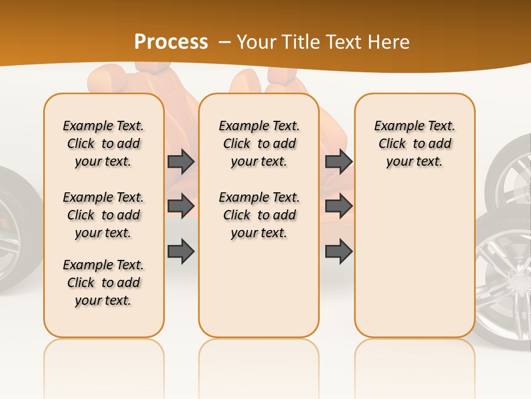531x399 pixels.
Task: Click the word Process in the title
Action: [171, 42]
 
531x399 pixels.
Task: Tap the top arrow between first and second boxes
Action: [181, 161]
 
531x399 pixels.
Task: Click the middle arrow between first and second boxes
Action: [181, 206]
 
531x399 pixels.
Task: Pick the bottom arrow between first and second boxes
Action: [181, 251]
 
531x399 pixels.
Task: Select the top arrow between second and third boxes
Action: [339, 161]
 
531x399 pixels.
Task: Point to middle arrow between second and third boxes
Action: [339, 206]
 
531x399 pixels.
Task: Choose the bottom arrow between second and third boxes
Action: [339, 251]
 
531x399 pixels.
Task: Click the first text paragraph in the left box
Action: [103, 144]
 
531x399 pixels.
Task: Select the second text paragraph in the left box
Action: [103, 215]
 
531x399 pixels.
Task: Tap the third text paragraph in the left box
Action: [103, 283]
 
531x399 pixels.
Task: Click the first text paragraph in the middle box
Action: [259, 144]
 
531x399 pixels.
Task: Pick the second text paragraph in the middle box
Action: [259, 215]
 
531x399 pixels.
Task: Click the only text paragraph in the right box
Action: [414, 144]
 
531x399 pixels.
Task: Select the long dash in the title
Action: [223, 42]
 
